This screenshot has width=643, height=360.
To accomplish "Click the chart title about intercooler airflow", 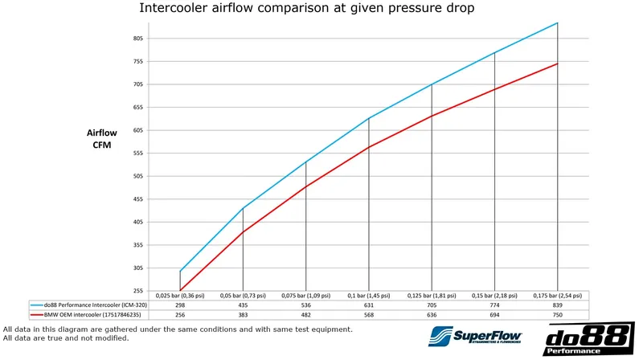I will click(306, 9).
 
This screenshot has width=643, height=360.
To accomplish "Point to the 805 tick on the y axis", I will click(137, 39).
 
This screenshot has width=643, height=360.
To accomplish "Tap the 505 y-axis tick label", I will click(137, 176).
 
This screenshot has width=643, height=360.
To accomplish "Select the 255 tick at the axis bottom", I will click(137, 290).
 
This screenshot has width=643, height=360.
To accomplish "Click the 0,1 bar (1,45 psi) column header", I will click(369, 296).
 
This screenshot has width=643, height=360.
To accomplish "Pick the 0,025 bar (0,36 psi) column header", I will click(180, 296).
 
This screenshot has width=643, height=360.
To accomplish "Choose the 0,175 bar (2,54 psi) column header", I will click(558, 296).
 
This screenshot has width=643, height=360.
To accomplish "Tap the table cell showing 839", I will click(558, 305).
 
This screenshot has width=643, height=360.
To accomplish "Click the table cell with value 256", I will click(180, 315).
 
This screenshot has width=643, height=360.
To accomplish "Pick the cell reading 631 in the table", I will click(369, 305).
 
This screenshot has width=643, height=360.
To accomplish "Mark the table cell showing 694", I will click(495, 315).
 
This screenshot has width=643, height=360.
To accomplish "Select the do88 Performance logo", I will click(588, 339).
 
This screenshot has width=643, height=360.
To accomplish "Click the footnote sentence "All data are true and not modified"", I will click(67, 338).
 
